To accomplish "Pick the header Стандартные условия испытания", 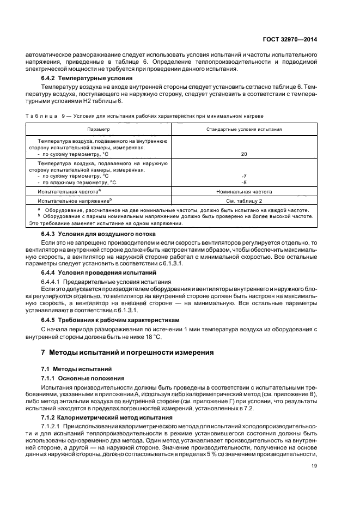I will click(x=243, y=129).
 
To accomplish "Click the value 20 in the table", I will click(x=243, y=154).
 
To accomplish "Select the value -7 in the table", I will click(x=243, y=176).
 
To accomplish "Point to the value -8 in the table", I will click(x=243, y=183).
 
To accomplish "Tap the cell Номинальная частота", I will click(x=243, y=192).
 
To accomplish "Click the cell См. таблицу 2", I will click(x=243, y=201).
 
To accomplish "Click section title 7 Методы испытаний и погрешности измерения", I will click(x=124, y=353).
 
